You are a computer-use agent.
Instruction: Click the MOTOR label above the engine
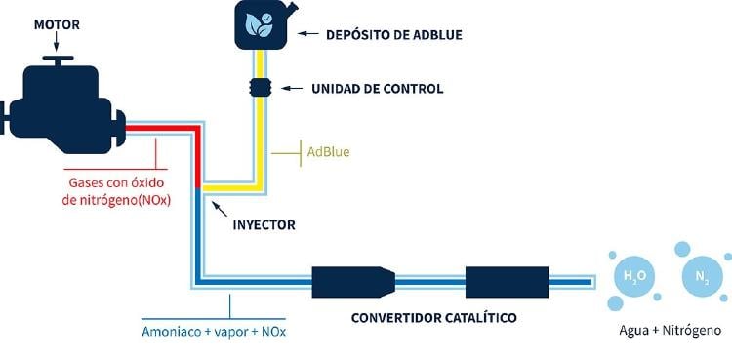pos(57,22)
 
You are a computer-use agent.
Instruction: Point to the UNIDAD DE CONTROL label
pos(377,89)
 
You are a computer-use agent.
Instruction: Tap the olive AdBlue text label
pos(328,152)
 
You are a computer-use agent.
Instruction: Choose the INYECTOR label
pos(264,225)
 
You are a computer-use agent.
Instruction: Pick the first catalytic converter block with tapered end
pos(352,282)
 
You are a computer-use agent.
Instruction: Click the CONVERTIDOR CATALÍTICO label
pos(433,317)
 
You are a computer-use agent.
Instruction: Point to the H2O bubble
pos(630,275)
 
